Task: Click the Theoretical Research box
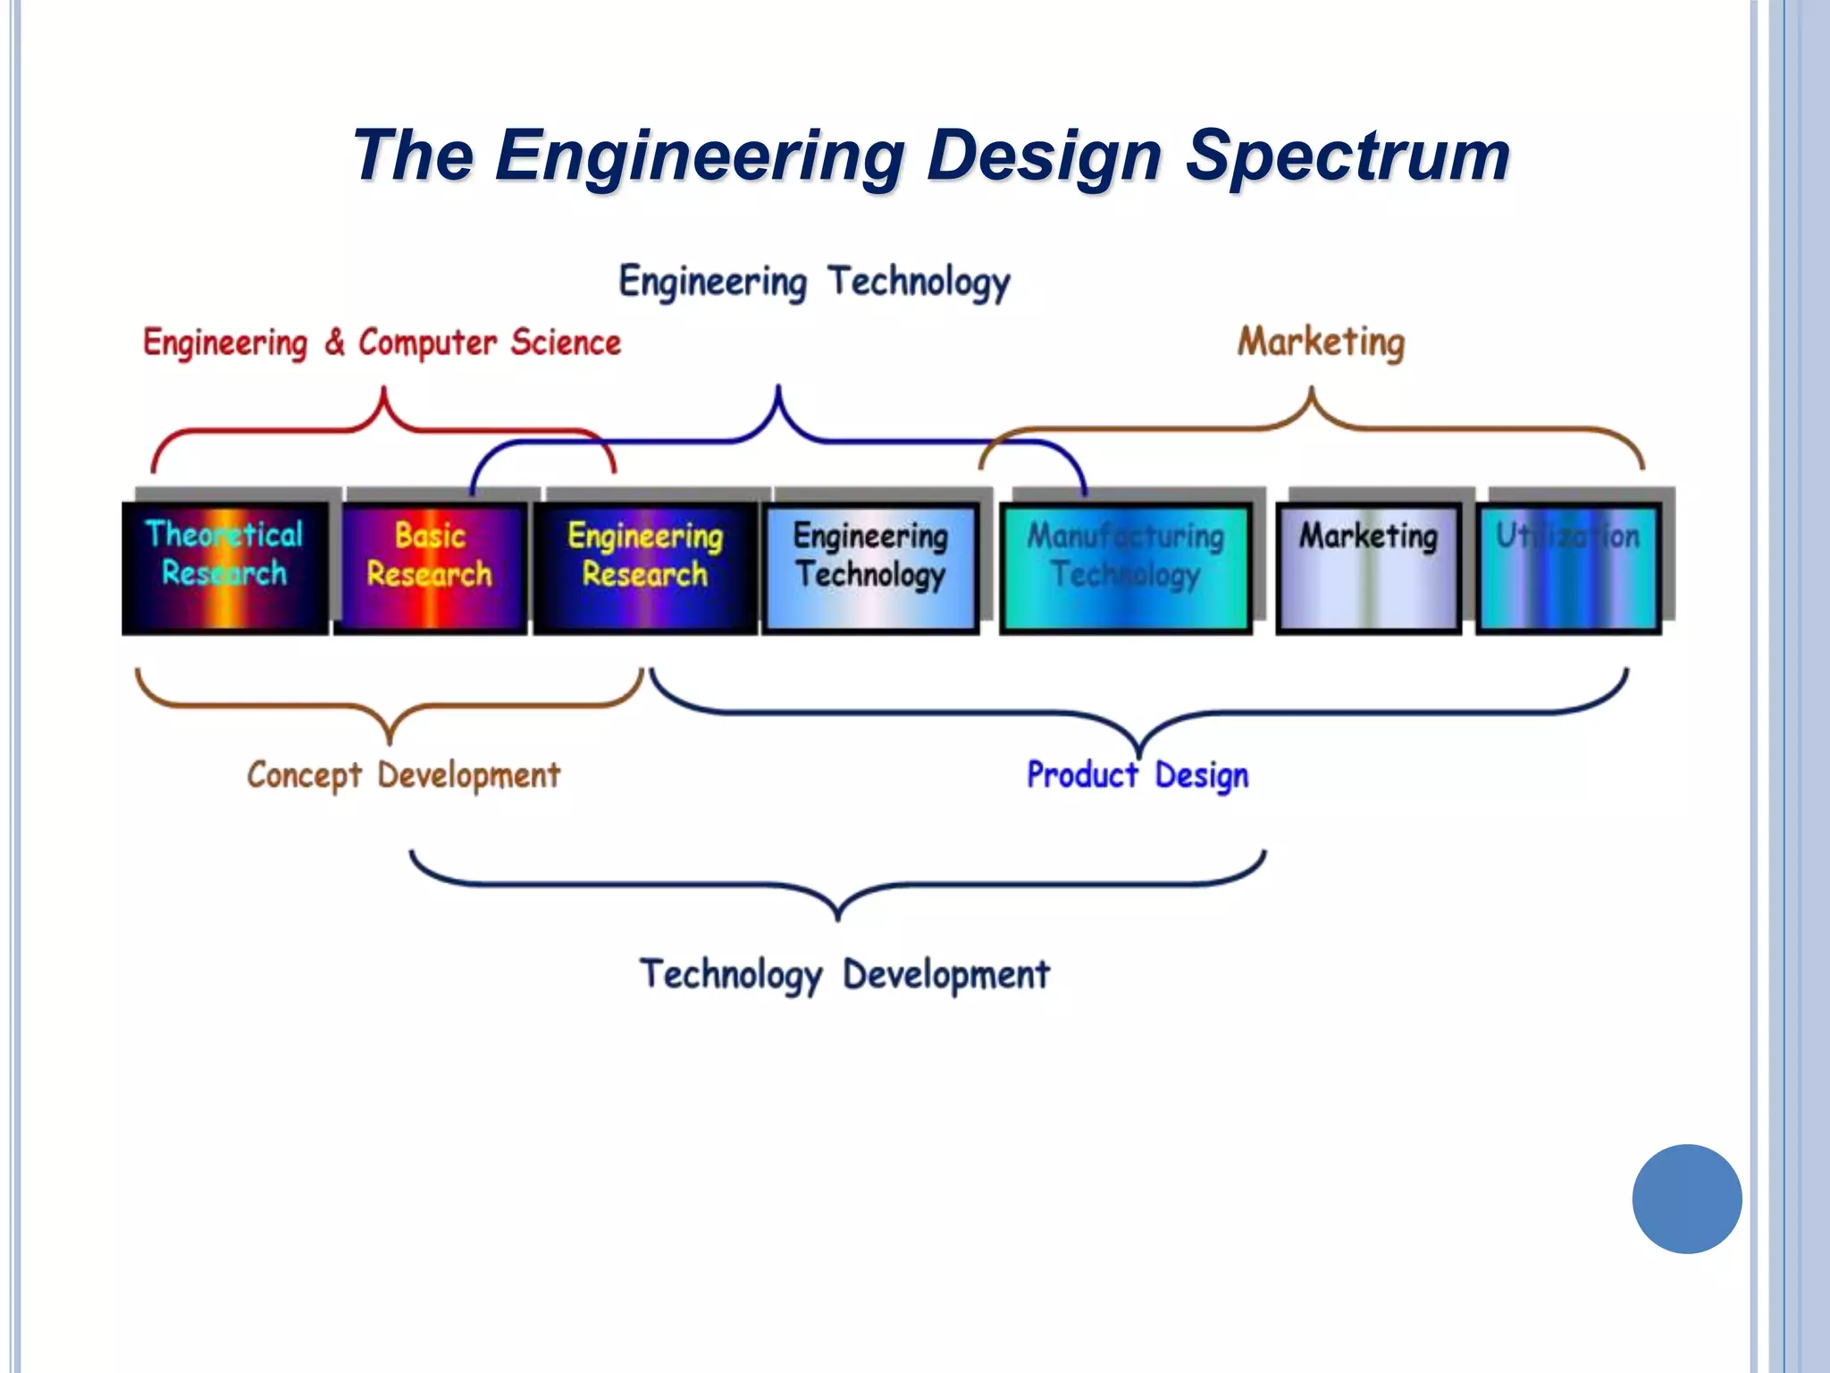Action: (224, 568)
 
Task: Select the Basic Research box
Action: (430, 568)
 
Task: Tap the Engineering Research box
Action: (645, 568)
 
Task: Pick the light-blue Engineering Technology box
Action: (871, 568)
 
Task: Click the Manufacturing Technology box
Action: (1126, 568)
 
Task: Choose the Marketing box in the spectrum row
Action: (1368, 568)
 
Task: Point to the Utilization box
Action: (1569, 568)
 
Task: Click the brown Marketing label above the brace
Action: (1321, 341)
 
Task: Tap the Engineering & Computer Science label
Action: (382, 342)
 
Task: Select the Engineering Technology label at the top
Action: (814, 282)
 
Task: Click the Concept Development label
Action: (404, 775)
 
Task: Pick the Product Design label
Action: (1137, 775)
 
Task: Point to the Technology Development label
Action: (844, 974)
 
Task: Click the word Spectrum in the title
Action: (1347, 156)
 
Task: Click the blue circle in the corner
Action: (1686, 1199)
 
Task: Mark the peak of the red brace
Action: (384, 390)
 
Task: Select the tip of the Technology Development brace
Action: (837, 918)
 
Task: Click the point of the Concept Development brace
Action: (390, 741)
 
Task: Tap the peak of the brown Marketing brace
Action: (1312, 390)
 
